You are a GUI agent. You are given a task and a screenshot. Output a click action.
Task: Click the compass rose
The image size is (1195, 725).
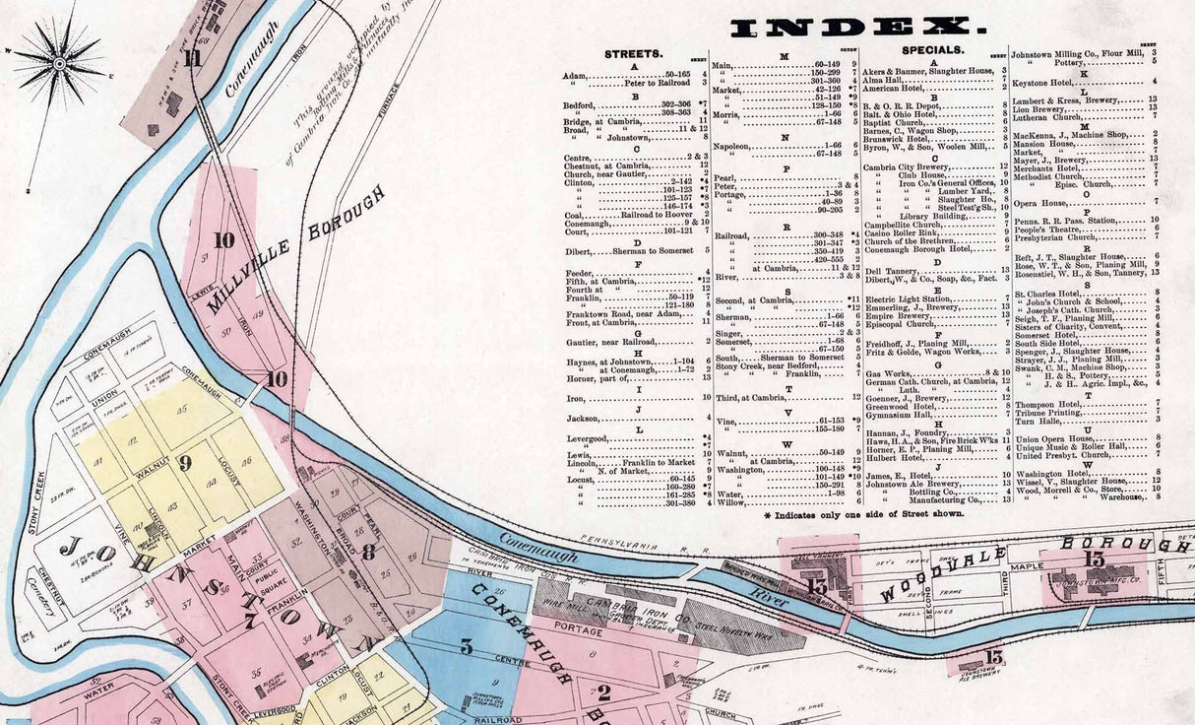click(58, 63)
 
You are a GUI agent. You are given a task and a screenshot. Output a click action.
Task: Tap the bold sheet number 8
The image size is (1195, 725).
click(367, 553)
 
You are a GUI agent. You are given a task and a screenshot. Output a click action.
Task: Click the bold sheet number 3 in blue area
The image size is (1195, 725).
click(466, 647)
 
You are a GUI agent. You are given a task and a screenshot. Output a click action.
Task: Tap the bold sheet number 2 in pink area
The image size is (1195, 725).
click(602, 692)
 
